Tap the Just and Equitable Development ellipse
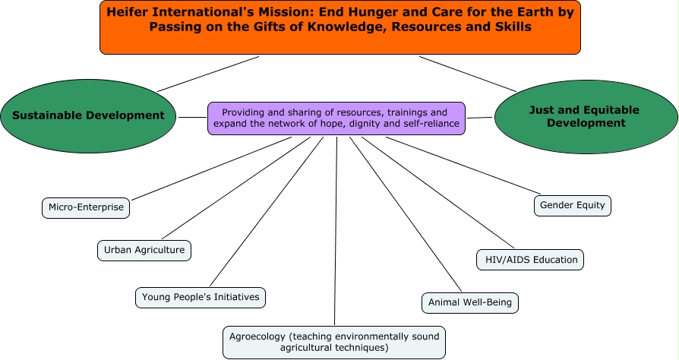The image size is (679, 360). (x=584, y=115)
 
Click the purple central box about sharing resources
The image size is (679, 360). (x=336, y=118)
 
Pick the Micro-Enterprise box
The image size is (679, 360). (x=86, y=207)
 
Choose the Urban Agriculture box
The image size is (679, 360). (x=144, y=249)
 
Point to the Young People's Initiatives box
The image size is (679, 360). (x=201, y=296)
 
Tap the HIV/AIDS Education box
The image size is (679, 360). (x=530, y=259)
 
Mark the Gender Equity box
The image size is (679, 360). (x=573, y=204)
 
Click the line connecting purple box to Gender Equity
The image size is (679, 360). (x=463, y=164)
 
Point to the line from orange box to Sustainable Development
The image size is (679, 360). (x=209, y=74)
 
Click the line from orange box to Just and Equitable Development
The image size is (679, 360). (x=467, y=74)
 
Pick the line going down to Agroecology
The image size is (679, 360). (x=335, y=228)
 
